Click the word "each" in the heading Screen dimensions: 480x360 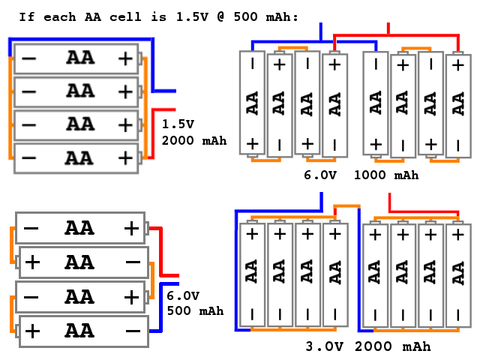60,16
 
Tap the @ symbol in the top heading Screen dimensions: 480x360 220,16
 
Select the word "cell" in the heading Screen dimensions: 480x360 125,16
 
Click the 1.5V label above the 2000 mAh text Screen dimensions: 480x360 178,124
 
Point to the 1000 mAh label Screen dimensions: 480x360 386,175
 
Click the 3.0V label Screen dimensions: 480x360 325,346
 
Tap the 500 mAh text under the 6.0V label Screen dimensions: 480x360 195,311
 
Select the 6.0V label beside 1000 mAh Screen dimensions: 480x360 320,175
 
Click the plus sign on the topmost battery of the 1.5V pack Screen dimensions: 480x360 125,58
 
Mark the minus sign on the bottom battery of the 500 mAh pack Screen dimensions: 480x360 133,331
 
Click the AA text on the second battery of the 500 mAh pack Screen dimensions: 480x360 79,262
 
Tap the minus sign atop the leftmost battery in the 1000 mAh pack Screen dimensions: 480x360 253,64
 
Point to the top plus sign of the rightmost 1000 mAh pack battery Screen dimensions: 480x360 458,65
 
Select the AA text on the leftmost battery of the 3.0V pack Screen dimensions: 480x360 252,271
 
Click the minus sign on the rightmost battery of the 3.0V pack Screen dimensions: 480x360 458,315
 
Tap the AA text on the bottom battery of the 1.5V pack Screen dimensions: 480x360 79,158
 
